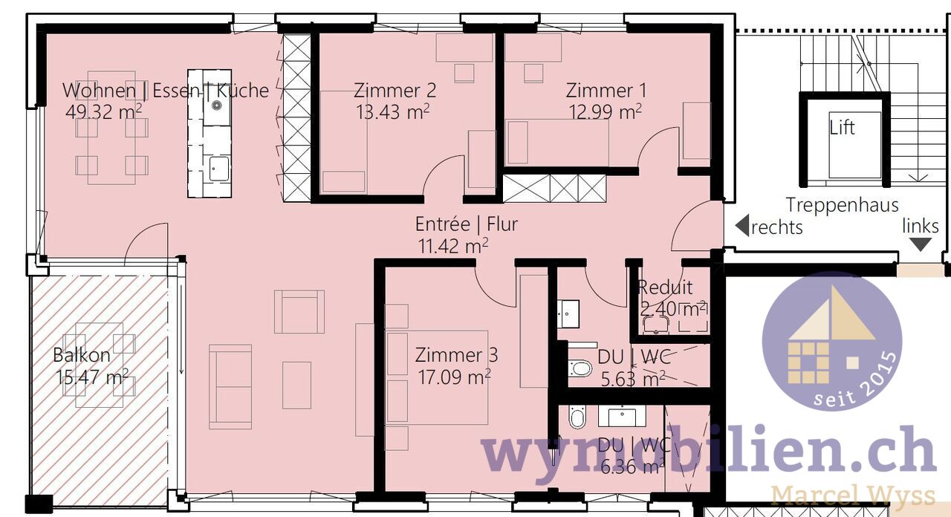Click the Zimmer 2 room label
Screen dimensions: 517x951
click(x=395, y=91)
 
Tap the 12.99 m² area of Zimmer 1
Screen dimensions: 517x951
click(x=606, y=112)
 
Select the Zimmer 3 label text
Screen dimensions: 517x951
click(x=456, y=355)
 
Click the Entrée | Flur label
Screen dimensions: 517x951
click(x=466, y=224)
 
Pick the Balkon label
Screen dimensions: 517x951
click(x=82, y=355)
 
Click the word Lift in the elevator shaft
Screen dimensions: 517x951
click(x=842, y=128)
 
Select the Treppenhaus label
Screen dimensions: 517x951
click(x=842, y=205)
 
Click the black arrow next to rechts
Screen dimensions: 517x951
click(x=741, y=226)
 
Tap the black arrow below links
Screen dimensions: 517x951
click(x=920, y=244)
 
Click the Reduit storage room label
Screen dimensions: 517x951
click(x=665, y=287)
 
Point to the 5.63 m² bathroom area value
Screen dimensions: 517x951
click(x=632, y=379)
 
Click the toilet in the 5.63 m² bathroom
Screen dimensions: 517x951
click(x=580, y=368)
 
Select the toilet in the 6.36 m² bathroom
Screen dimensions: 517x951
click(x=577, y=417)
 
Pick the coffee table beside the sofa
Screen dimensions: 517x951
click(x=296, y=385)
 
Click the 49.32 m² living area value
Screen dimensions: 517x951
click(x=104, y=112)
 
